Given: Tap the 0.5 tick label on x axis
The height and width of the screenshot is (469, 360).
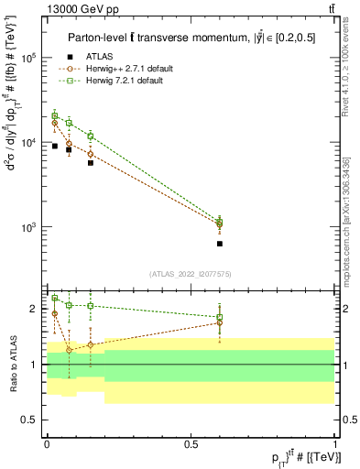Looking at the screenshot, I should point(191,443).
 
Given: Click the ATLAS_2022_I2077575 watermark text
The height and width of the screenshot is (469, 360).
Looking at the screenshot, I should point(190,274).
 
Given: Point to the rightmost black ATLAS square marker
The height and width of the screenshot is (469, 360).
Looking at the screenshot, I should point(220,244).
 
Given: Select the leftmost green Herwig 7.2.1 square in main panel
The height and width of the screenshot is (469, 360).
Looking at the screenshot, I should point(55,115).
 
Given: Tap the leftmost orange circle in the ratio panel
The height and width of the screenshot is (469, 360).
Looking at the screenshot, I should point(55,313).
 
